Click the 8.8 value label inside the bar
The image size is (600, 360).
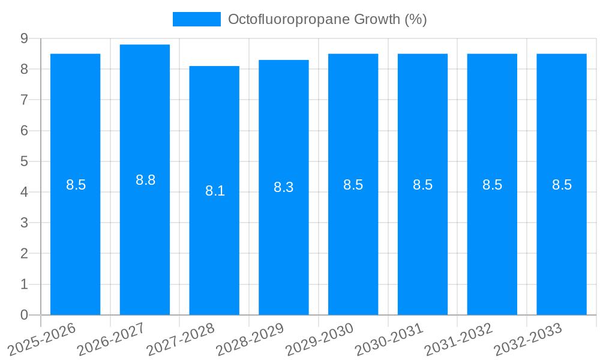(x=145, y=180)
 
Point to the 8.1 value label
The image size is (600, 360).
(x=215, y=191)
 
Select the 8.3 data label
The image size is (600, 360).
(x=283, y=187)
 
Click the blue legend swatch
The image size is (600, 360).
(x=196, y=19)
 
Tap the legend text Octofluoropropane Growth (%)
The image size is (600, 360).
(x=327, y=19)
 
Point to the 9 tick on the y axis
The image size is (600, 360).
(x=24, y=38)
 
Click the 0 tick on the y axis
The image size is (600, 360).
(x=24, y=315)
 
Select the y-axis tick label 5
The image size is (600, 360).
(x=24, y=161)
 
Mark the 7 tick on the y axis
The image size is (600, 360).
(x=24, y=100)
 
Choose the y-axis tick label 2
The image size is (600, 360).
(x=24, y=253)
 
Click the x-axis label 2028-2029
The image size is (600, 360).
(x=250, y=340)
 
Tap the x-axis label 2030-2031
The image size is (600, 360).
(x=389, y=340)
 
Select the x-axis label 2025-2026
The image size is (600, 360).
(x=42, y=340)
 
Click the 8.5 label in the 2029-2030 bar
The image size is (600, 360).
(x=353, y=185)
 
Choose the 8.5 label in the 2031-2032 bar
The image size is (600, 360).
(x=492, y=185)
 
